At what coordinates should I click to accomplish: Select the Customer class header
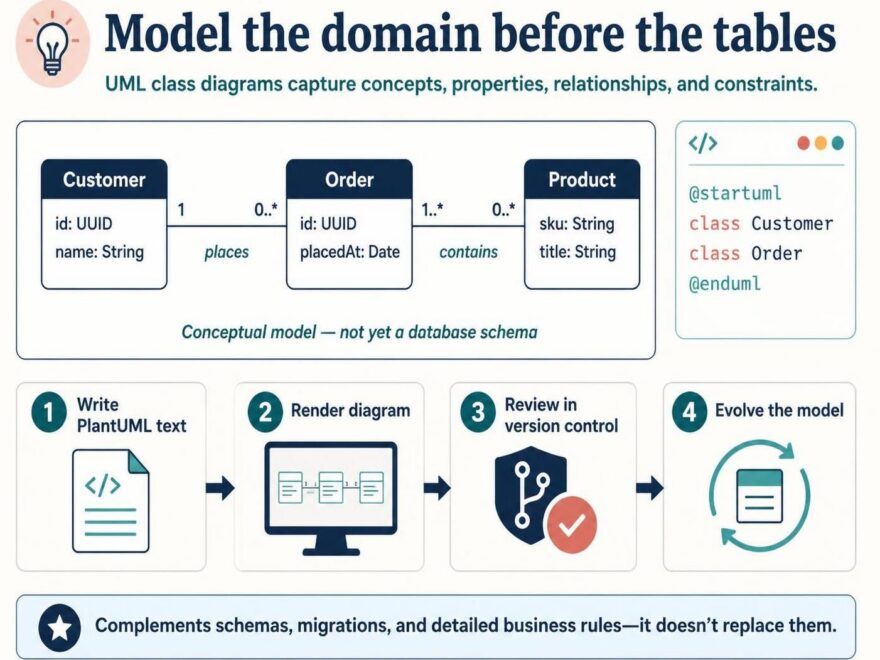coord(104,180)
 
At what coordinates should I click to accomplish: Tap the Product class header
coord(582,180)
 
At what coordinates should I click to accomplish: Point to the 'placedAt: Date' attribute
coord(350,252)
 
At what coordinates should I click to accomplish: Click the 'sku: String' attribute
coord(577,224)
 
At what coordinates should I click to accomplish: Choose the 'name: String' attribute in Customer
coord(99,252)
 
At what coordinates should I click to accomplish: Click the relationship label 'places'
coord(226,253)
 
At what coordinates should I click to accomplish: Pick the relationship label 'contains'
coord(469,252)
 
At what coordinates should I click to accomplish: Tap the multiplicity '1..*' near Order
coord(432,209)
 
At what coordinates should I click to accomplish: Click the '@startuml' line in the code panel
coord(735,193)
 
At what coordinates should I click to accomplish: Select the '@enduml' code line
coord(725,283)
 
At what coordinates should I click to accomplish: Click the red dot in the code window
coord(804,144)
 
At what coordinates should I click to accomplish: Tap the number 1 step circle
coord(49,414)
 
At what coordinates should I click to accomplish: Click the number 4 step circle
coord(689,412)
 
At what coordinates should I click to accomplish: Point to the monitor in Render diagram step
coord(331,498)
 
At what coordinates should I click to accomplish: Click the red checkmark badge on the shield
coord(571,524)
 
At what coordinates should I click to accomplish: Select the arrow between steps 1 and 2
coord(220,488)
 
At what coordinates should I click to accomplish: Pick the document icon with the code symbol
coord(111,501)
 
